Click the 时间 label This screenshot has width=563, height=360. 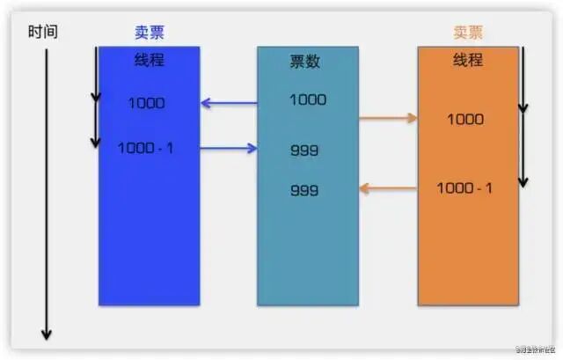point(42,33)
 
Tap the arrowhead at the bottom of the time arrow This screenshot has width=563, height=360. point(47,334)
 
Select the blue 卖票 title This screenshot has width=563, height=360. point(149,33)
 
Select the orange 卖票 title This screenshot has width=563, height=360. point(468,33)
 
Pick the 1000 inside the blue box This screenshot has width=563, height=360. point(146,103)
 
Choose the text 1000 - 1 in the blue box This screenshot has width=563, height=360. point(146,148)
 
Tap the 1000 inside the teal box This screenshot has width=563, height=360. point(307,99)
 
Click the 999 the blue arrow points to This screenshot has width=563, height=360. point(304,151)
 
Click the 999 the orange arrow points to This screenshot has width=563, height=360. point(304,190)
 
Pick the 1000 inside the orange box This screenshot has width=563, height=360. point(465,119)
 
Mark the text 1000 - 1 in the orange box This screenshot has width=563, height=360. point(464,187)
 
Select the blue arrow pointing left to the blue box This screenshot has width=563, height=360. point(229,103)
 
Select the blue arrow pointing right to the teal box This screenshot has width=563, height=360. point(229,149)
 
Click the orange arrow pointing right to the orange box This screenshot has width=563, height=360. point(388,117)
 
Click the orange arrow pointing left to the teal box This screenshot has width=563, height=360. point(388,187)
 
